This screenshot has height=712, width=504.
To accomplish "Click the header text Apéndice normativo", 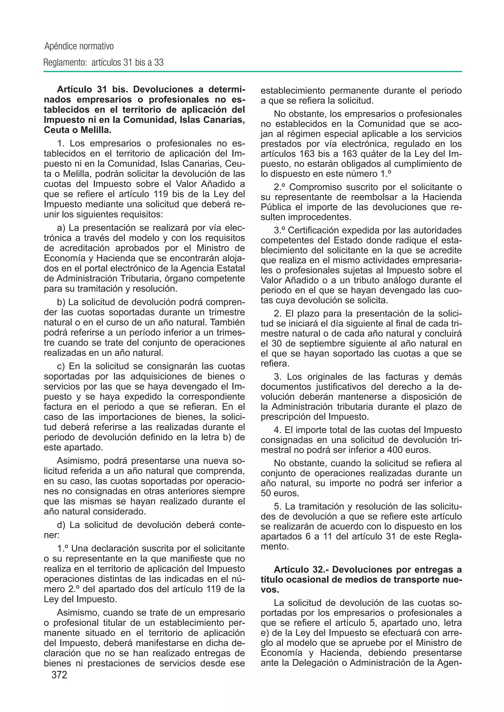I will coord(79,46).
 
